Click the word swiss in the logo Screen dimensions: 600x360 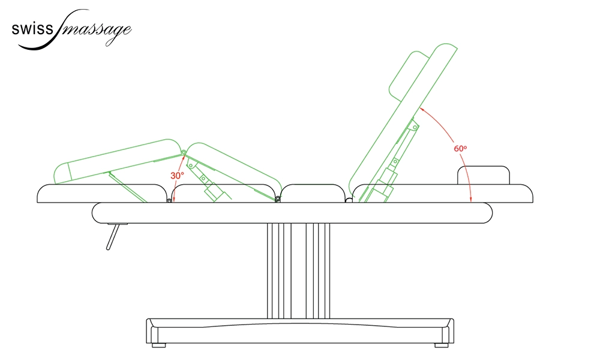click(32, 29)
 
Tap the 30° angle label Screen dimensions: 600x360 click(177, 176)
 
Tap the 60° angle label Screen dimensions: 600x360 click(460, 148)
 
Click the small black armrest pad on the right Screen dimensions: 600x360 click(484, 175)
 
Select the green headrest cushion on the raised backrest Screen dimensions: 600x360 click(409, 74)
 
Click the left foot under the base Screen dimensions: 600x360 click(159, 345)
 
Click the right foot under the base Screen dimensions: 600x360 click(441, 345)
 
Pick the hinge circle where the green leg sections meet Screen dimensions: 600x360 click(184, 153)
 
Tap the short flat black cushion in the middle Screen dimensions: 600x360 click(313, 193)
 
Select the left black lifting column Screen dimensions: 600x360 click(280, 271)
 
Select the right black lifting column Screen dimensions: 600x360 click(318, 271)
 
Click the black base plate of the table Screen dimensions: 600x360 click(300, 331)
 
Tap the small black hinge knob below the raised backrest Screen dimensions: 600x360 click(349, 200)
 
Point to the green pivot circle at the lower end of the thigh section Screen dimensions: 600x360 click(278, 199)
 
